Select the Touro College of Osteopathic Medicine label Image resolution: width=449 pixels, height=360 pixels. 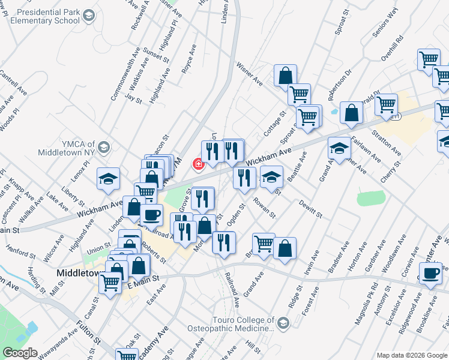(233, 325)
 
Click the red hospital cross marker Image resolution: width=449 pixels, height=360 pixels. (196, 164)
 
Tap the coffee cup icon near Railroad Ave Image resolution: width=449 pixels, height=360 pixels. (151, 214)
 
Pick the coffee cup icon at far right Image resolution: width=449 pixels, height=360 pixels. (430, 273)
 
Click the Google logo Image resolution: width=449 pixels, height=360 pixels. (19, 353)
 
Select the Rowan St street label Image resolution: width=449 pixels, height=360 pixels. (264, 208)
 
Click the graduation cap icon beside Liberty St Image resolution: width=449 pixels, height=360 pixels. (108, 179)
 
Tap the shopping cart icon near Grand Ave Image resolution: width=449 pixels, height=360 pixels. (264, 244)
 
